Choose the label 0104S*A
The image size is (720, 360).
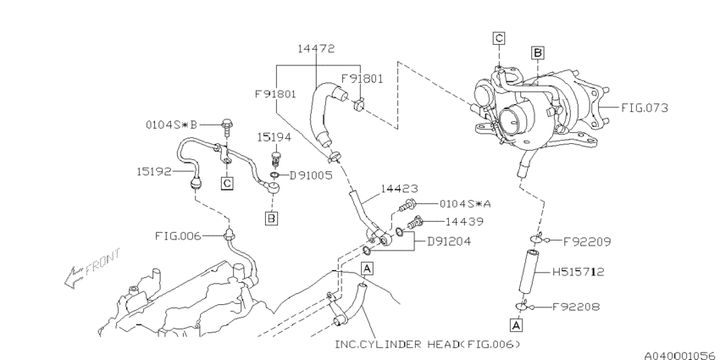pos(465,204)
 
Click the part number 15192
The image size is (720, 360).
pos(156,171)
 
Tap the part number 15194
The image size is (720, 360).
pos(274,136)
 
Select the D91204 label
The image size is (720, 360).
pos(450,241)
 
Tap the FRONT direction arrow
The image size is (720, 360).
pos(92,265)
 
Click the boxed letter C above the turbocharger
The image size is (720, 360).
pos(499,37)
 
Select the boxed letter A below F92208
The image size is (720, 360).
pos(514,324)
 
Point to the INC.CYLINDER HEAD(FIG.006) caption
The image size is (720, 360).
pos(428,344)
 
